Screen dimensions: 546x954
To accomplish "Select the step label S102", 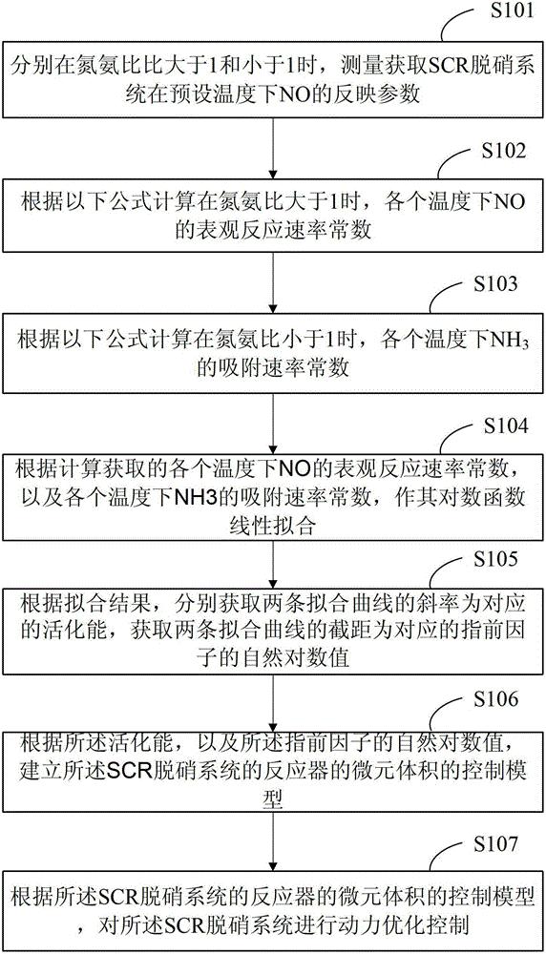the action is [x=504, y=151].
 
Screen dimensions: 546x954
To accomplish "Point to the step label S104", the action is [x=505, y=425].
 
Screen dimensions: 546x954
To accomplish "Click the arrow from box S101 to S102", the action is [x=273, y=147].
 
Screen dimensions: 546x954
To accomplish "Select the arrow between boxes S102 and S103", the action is [x=273, y=282].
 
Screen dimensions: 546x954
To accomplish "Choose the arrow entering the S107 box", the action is [x=273, y=844].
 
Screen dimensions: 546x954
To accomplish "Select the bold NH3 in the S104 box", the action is [x=191, y=496].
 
